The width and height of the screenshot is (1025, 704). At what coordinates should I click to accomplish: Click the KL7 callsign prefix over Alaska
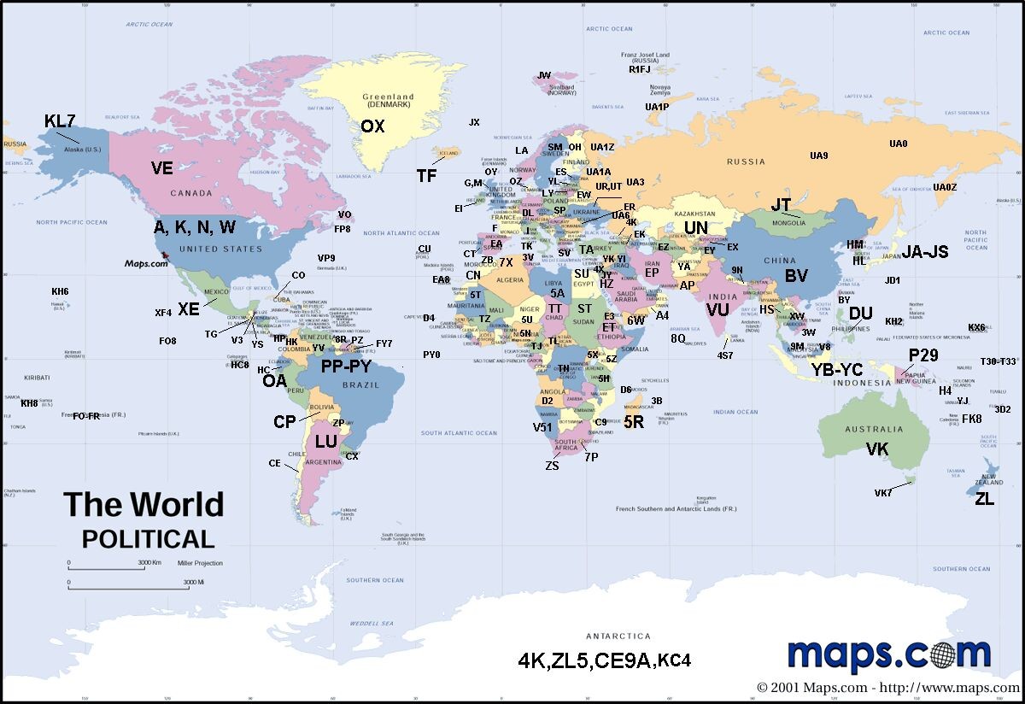(60, 121)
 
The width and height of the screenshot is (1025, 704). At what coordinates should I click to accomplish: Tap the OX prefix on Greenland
(372, 126)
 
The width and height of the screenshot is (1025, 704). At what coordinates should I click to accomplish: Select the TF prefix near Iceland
(427, 176)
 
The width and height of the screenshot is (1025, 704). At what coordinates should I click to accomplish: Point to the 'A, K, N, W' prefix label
(195, 227)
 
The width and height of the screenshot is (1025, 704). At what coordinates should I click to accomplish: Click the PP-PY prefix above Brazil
(346, 367)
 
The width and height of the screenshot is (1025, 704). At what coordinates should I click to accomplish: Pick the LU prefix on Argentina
(326, 442)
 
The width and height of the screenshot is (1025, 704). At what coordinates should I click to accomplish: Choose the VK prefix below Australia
(877, 449)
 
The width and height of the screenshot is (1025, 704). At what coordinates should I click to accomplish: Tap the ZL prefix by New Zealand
(985, 499)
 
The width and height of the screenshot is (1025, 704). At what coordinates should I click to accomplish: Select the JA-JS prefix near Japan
(926, 252)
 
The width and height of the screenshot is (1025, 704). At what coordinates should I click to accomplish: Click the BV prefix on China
(796, 276)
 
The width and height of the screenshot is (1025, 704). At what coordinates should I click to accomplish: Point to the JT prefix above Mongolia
(781, 206)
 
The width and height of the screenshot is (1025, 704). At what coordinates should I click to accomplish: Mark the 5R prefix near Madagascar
(634, 421)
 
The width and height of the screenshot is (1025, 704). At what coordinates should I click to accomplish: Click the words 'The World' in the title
(143, 505)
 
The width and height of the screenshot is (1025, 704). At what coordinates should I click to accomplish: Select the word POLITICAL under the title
(148, 539)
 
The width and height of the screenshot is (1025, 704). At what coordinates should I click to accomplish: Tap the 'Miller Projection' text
(200, 563)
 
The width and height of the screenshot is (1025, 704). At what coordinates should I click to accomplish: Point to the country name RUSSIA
(746, 161)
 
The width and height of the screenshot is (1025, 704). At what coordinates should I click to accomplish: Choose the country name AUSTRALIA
(873, 430)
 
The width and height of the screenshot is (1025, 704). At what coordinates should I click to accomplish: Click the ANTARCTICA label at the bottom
(618, 636)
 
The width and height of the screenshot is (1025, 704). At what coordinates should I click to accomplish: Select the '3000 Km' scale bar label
(151, 563)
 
